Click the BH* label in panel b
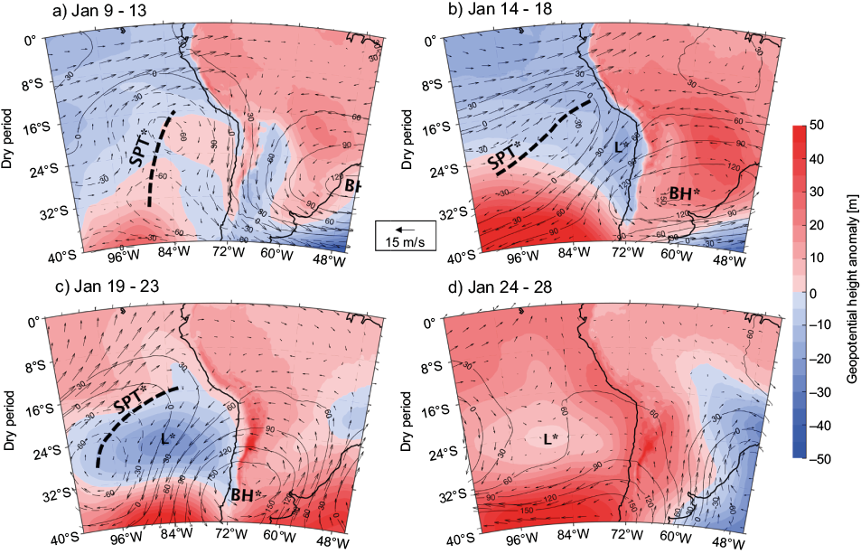coord(685,192)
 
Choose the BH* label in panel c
coord(246,495)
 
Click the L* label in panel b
coord(619,147)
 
